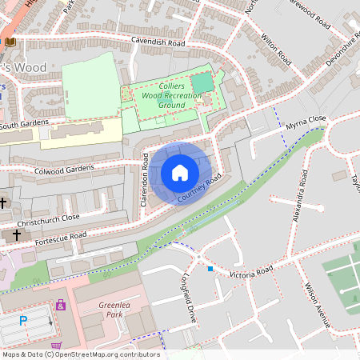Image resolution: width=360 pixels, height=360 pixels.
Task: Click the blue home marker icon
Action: point(180,173)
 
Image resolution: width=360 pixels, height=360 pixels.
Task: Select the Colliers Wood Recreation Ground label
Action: point(162,95)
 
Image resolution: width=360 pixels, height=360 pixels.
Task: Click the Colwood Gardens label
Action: point(64,169)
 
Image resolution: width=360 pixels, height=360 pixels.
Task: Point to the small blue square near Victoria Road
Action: point(210,269)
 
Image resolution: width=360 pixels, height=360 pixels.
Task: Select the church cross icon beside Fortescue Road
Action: point(17,235)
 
